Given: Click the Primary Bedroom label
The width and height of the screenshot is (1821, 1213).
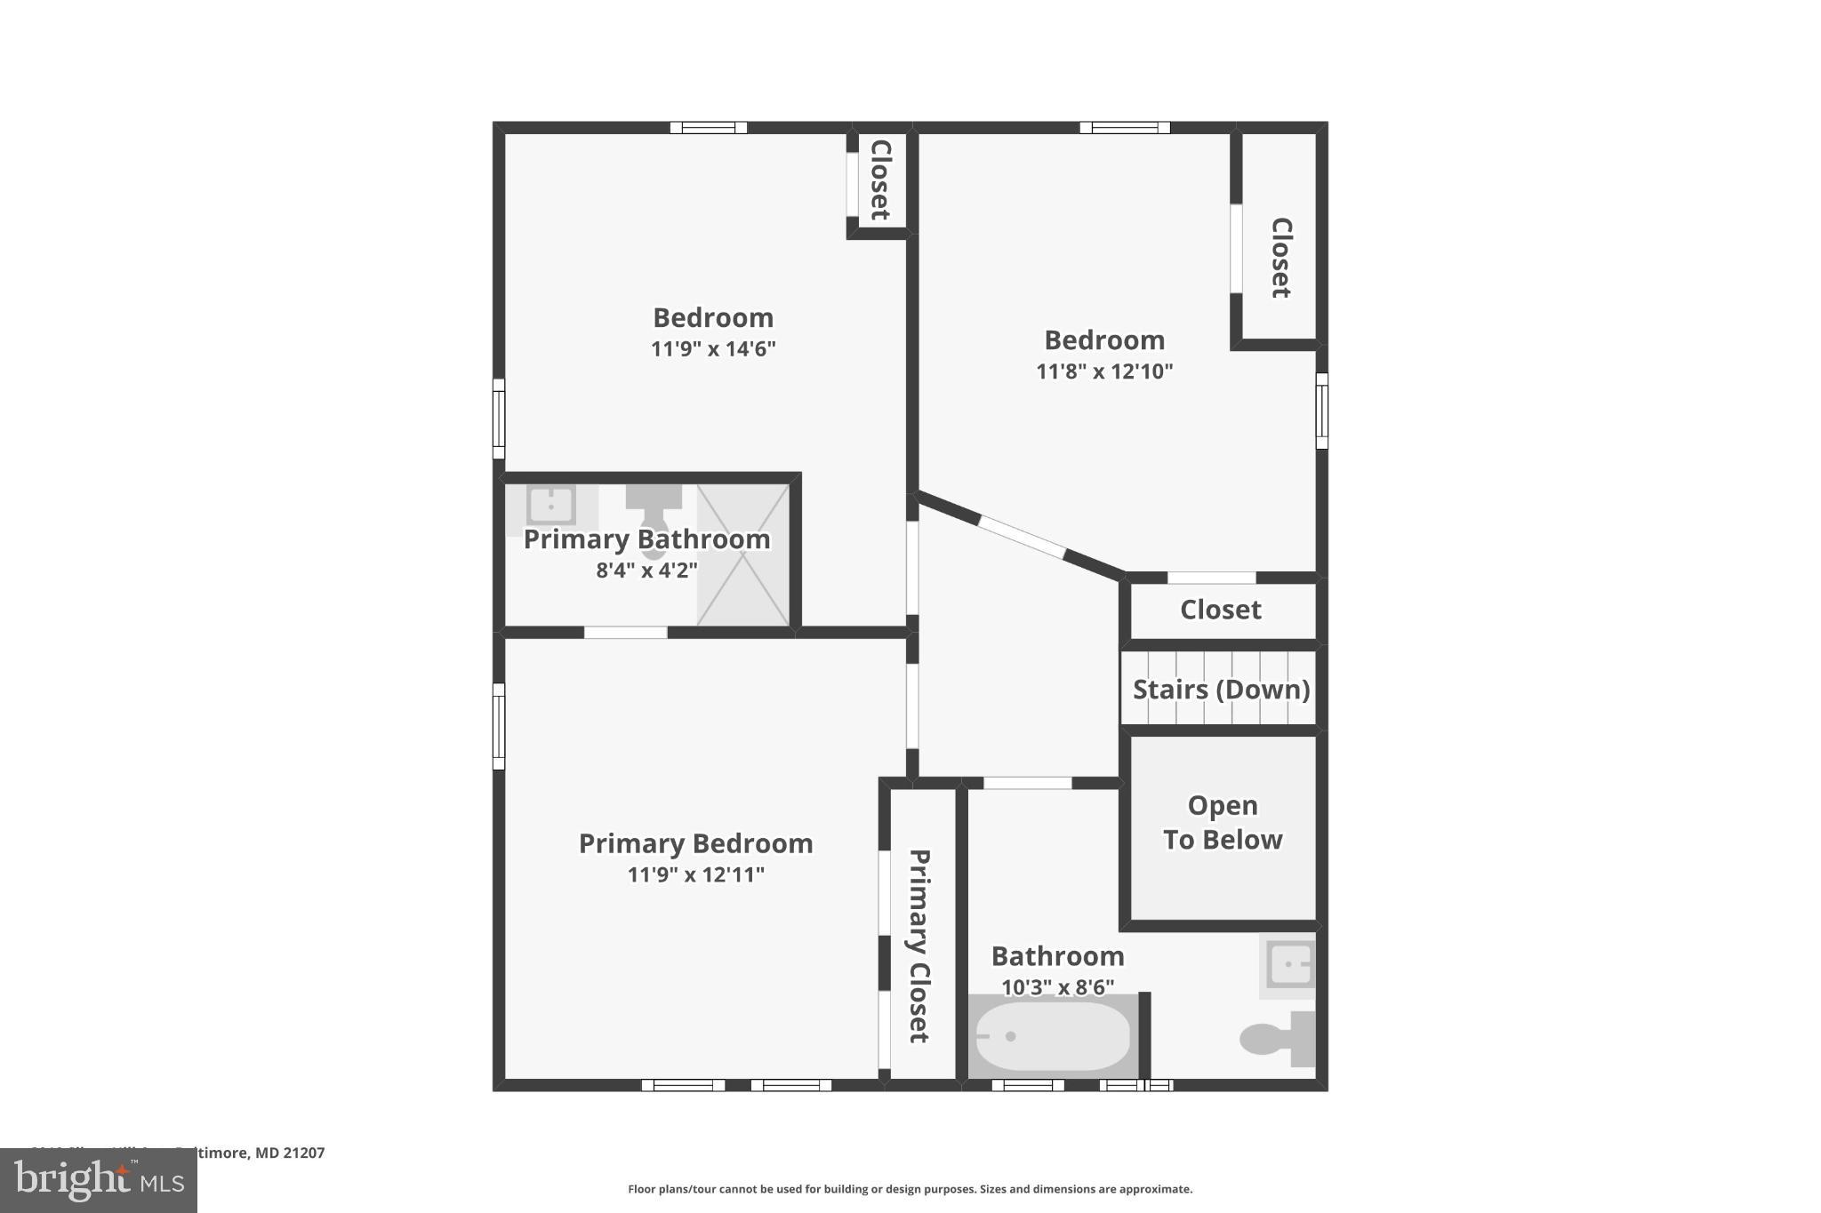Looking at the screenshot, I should tap(695, 843).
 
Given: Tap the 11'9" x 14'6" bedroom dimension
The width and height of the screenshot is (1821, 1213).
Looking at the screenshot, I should tap(713, 348).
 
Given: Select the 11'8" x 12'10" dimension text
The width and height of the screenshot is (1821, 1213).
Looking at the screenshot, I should tap(1104, 371).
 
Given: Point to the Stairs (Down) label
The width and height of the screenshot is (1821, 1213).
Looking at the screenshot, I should tap(1221, 690).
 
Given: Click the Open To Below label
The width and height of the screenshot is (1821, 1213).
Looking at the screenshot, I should tap(1223, 822).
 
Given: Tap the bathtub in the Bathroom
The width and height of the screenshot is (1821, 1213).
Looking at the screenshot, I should tap(1053, 1036).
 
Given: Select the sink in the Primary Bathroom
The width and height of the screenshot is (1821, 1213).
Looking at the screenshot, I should tap(551, 506).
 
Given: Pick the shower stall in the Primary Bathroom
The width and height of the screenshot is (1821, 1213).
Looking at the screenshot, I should tap(742, 555).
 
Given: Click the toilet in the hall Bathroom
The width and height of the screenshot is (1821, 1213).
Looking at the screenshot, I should tap(1277, 1038).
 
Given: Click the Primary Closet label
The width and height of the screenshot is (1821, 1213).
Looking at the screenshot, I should tap(919, 946).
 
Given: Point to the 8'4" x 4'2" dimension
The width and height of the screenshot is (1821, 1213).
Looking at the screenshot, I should tap(646, 571).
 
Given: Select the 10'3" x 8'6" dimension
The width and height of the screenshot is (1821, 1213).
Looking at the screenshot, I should tap(1057, 987).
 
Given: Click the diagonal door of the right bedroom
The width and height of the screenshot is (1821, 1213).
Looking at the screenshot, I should tap(1022, 537).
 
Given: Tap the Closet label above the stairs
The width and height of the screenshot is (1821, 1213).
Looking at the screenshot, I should tap(1221, 610).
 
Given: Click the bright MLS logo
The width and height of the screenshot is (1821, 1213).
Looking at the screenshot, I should tap(99, 1180).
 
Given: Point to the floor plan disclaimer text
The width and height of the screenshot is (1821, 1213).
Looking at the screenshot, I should tap(910, 1189).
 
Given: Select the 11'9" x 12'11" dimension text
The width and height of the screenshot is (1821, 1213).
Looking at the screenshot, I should tap(695, 874).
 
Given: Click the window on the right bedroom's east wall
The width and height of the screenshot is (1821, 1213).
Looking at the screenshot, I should tap(1321, 411).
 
